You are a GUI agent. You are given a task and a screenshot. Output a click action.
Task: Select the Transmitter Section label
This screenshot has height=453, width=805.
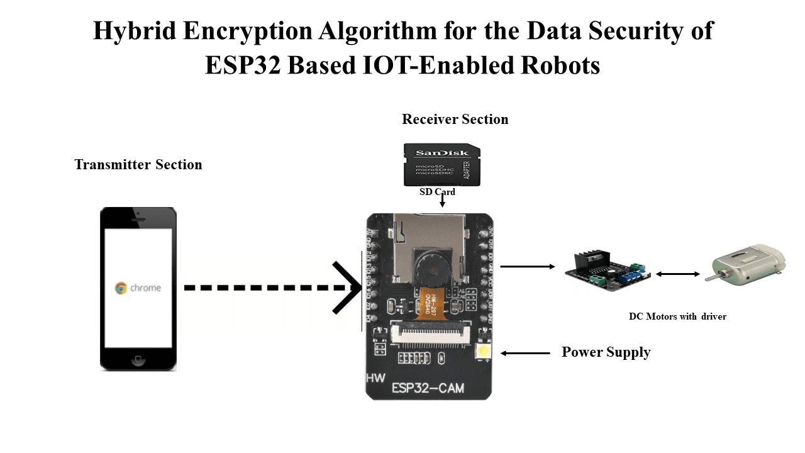click(x=138, y=165)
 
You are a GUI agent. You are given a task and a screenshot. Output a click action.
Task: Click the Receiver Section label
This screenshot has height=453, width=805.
click(x=455, y=119)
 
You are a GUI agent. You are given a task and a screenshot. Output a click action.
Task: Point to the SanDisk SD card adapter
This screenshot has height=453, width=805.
click(x=441, y=165)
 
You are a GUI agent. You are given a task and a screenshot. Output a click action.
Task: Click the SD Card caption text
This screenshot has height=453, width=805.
click(x=437, y=192)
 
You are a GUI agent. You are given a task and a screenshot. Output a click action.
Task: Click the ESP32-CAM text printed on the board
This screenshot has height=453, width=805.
click(x=428, y=388)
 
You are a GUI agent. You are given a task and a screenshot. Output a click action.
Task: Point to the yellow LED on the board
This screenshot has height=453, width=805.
click(x=483, y=352)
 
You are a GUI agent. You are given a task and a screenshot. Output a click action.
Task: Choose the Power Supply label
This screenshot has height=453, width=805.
click(x=606, y=352)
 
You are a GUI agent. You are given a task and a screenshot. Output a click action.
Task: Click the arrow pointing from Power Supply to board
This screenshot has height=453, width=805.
click(x=525, y=353)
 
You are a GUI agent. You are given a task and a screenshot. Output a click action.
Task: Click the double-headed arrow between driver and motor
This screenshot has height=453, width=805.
click(x=678, y=274)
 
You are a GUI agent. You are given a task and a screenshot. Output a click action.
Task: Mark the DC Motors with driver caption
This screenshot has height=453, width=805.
click(x=677, y=316)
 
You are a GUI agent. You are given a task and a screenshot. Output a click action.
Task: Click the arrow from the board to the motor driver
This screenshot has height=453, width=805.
click(x=527, y=267)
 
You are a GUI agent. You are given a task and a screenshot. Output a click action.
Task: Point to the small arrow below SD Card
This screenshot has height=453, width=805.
click(x=443, y=201)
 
